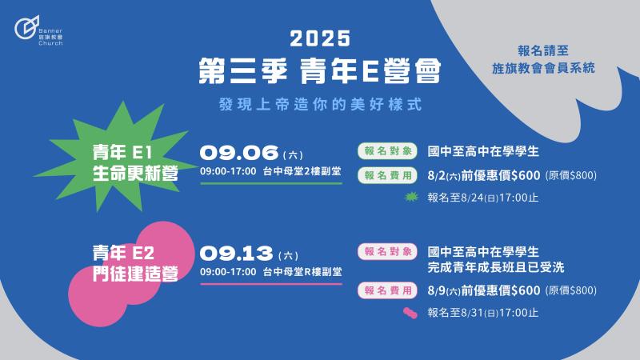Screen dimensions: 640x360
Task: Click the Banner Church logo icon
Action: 27,27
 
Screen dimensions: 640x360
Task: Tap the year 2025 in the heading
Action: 320,38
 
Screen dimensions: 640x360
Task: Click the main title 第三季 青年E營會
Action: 320,71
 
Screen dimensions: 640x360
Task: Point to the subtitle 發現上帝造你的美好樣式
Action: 320,105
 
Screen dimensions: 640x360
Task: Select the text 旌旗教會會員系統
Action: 543,68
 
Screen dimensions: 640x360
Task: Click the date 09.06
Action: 239,153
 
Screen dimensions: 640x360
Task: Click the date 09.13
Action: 236,254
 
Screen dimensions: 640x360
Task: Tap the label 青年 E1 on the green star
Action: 122,153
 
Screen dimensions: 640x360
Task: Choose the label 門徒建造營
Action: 135,274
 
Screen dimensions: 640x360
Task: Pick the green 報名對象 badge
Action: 387,151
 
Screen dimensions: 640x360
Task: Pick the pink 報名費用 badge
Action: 387,290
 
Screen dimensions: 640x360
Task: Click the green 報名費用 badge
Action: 387,175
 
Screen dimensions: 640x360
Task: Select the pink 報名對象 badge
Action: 387,251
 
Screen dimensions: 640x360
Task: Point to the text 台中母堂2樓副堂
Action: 302,171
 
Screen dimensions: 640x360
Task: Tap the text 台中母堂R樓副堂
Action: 302,272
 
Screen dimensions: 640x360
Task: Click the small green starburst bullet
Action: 411,197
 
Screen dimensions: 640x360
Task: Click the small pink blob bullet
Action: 410,313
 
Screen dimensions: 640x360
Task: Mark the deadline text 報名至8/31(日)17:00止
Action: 483,313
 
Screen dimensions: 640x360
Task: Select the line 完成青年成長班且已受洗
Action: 496,268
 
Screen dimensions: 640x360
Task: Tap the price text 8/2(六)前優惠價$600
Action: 484,175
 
